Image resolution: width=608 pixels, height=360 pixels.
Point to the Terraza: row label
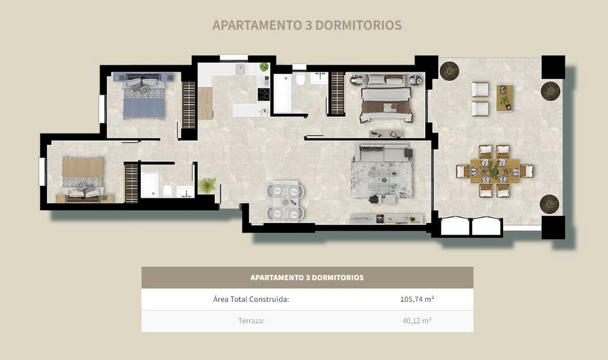[251, 320]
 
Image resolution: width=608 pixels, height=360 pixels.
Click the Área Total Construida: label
[251, 299]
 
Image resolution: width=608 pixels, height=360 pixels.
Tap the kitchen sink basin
[240, 70]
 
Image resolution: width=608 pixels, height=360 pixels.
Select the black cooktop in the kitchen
[264, 94]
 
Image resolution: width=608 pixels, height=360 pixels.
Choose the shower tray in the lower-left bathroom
[150, 185]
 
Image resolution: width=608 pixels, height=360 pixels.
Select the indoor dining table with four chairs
[285, 201]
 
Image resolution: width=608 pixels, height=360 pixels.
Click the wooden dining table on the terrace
[494, 171]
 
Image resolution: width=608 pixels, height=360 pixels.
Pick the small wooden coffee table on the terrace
[505, 97]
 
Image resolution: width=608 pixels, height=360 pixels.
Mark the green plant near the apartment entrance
[207, 185]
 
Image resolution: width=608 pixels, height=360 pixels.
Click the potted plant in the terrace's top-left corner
[449, 71]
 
